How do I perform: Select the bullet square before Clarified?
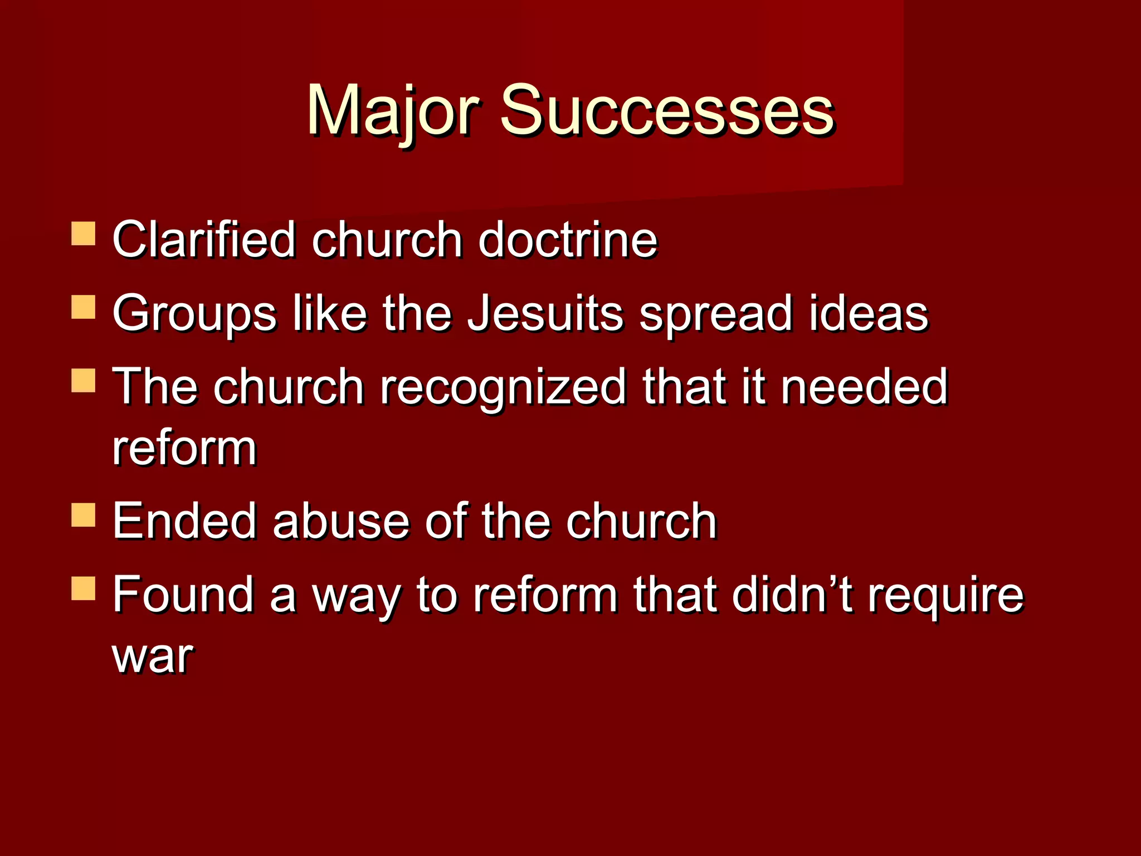(84, 234)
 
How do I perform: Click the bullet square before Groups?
(84, 307)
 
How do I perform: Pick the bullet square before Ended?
(84, 515)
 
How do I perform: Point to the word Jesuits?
(544, 313)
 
